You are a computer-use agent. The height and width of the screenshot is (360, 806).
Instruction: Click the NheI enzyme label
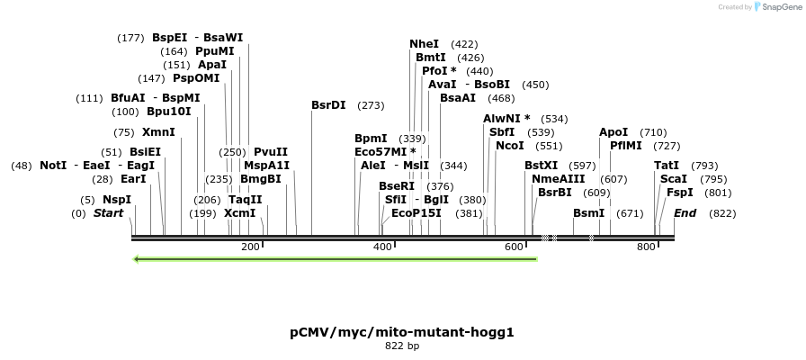424,44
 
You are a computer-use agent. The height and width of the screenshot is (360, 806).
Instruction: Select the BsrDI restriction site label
328,105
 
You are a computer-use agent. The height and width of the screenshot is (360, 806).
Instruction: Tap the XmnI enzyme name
158,132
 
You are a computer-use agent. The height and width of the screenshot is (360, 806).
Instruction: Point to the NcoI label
509,146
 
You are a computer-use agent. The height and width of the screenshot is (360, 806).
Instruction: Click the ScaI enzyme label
674,179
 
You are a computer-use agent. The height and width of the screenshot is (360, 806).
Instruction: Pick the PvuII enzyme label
271,152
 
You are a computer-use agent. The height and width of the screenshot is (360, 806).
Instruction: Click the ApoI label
613,132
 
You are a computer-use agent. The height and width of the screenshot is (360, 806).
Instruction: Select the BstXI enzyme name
542,166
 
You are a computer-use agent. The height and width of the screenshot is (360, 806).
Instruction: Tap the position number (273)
371,105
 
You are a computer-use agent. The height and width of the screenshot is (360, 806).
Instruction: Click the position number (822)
722,213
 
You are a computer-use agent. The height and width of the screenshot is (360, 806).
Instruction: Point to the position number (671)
631,213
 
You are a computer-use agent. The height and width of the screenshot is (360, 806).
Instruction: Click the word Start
108,213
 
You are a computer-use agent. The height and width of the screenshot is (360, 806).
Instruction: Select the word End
685,213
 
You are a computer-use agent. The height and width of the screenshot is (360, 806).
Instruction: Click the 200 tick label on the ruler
250,247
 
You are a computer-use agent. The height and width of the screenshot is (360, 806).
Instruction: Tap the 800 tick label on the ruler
646,247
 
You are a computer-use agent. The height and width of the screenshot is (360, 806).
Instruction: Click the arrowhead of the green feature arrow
136,259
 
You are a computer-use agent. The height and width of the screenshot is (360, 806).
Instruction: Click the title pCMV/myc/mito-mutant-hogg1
402,332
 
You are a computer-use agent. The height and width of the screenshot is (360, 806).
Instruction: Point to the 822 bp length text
402,346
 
